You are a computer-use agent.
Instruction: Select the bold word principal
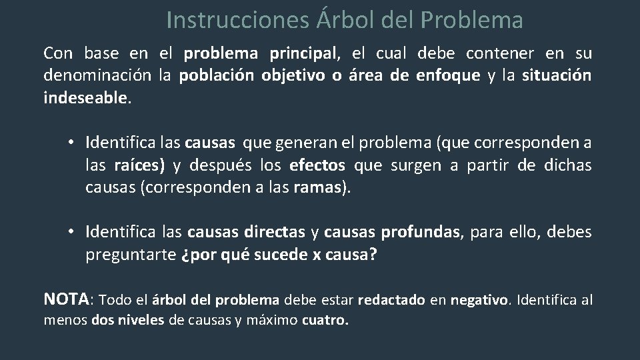303,53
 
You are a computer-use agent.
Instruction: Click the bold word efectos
317,165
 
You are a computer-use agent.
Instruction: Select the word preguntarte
130,255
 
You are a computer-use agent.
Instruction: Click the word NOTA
67,299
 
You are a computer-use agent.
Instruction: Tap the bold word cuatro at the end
324,320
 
